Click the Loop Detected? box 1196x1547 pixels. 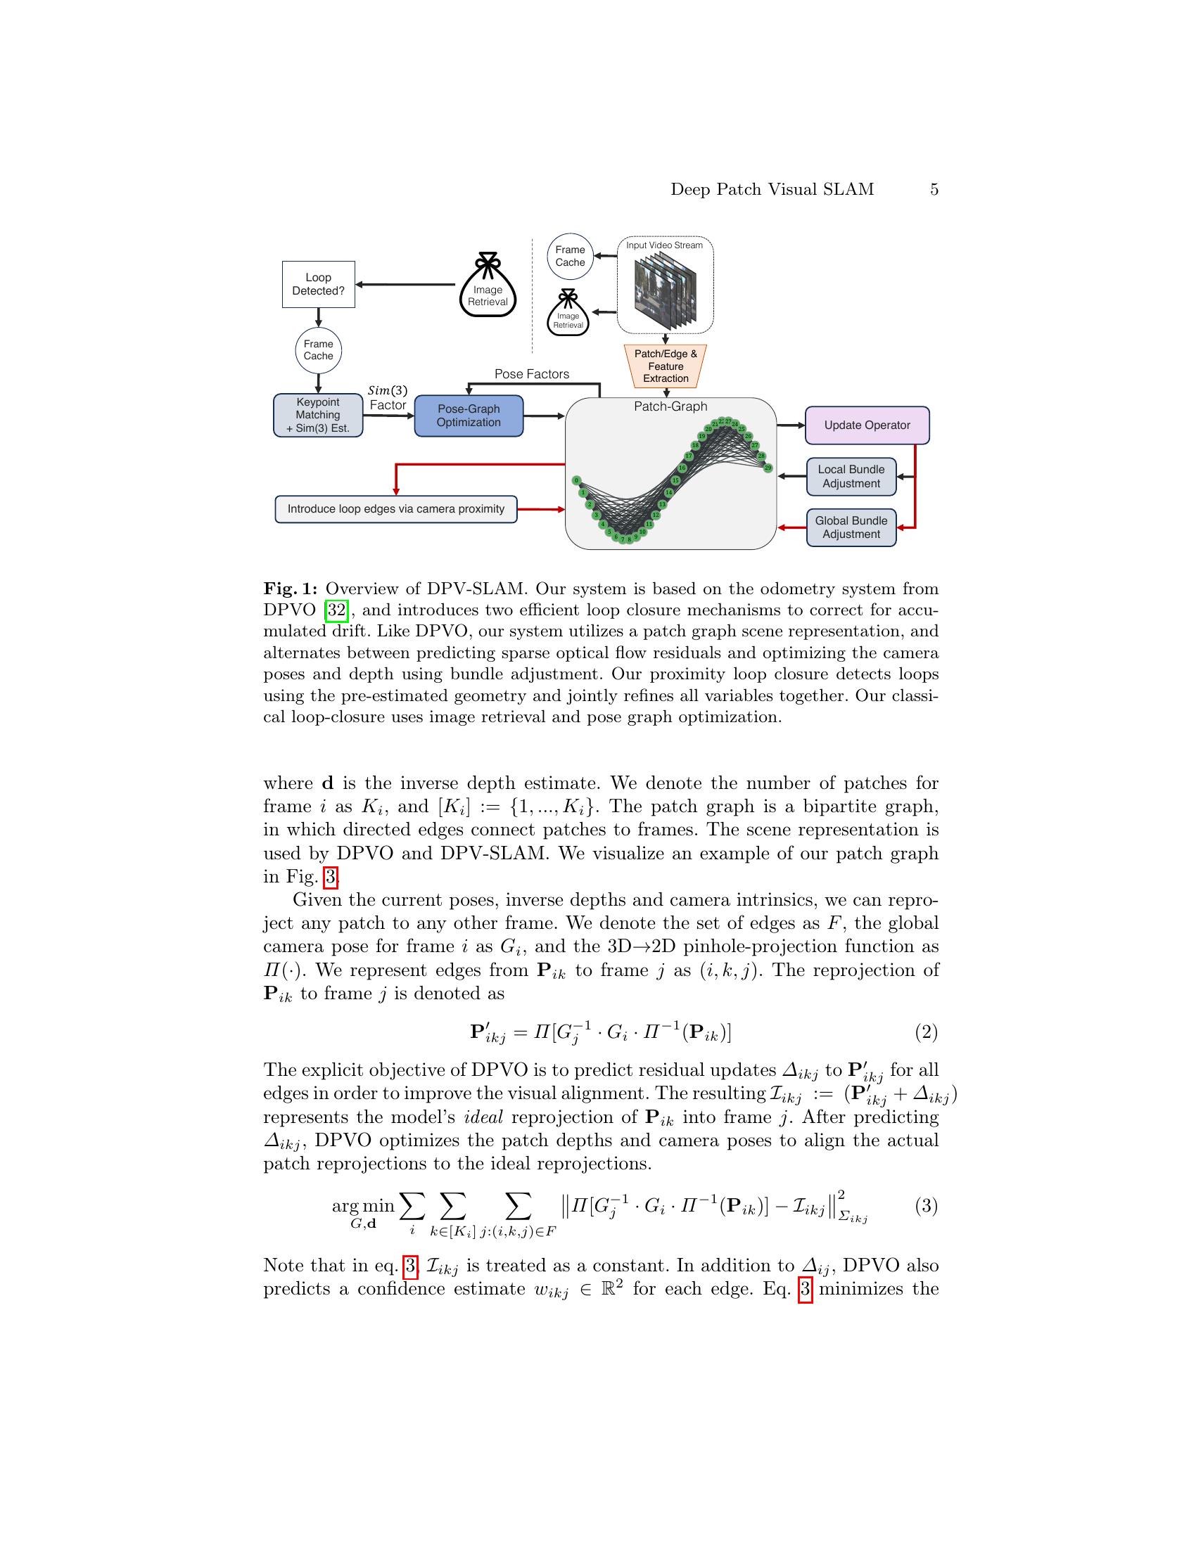(318, 284)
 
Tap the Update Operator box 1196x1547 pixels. (867, 425)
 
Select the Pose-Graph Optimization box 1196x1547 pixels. (469, 416)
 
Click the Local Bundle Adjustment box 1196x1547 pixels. (851, 476)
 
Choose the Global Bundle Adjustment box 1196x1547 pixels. (851, 527)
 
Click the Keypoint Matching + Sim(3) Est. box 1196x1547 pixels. (317, 415)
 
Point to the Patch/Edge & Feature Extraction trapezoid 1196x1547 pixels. (666, 366)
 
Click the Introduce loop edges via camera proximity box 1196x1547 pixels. (395, 508)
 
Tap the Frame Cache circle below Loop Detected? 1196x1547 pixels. (318, 350)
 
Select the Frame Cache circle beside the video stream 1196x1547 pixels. (570, 257)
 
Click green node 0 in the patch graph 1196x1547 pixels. (577, 480)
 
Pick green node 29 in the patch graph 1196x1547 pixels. (768, 468)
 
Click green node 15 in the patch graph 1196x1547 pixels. (675, 480)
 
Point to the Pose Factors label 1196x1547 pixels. (531, 374)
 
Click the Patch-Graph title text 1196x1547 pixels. (670, 406)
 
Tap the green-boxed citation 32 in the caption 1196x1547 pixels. (336, 610)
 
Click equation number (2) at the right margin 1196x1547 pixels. (926, 1032)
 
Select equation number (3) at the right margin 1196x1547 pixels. (926, 1205)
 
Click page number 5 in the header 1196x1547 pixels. (934, 189)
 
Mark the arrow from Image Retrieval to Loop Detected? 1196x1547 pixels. (405, 285)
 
